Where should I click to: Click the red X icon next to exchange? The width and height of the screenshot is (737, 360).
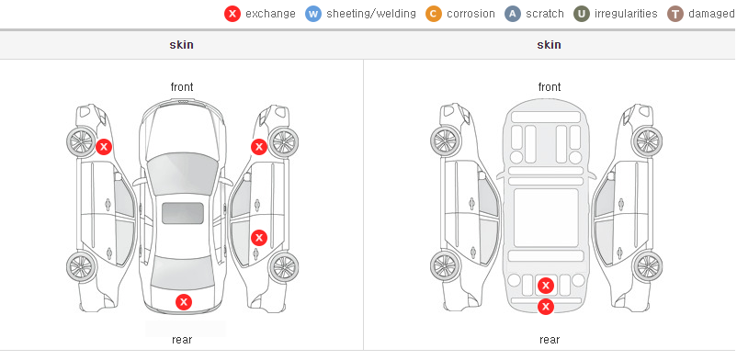coord(232,14)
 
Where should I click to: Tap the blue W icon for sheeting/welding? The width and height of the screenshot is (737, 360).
coord(313,14)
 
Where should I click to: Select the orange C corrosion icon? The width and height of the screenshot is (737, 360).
coord(434,14)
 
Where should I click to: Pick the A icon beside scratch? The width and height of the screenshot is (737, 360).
coord(513,14)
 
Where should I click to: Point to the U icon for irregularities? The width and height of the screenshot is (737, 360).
coord(582,14)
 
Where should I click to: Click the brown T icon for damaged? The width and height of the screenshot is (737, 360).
coord(675,14)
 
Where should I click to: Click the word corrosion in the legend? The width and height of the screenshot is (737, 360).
coord(471,14)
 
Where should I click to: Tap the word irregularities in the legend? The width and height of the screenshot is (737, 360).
coord(626,14)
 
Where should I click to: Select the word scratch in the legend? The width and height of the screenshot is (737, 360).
coord(545,14)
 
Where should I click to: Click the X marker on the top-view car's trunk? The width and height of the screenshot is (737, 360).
coord(184,302)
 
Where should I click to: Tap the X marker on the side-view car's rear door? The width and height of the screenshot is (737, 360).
coord(259,238)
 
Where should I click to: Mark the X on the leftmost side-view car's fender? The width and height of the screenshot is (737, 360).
coord(104,147)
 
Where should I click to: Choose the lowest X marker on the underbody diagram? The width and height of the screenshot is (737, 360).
coord(546,307)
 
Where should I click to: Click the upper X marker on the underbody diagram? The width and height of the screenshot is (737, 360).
coord(546,286)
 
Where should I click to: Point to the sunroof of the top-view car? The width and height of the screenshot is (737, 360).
coord(183,213)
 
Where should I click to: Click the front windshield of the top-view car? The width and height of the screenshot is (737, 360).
coord(182,172)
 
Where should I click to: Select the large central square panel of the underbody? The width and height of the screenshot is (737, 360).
coord(546,218)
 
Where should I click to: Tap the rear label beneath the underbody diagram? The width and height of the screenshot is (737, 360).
coord(549,339)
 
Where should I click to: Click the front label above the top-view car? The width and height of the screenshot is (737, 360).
coord(181,87)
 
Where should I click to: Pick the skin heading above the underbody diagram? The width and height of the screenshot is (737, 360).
coord(549,45)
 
